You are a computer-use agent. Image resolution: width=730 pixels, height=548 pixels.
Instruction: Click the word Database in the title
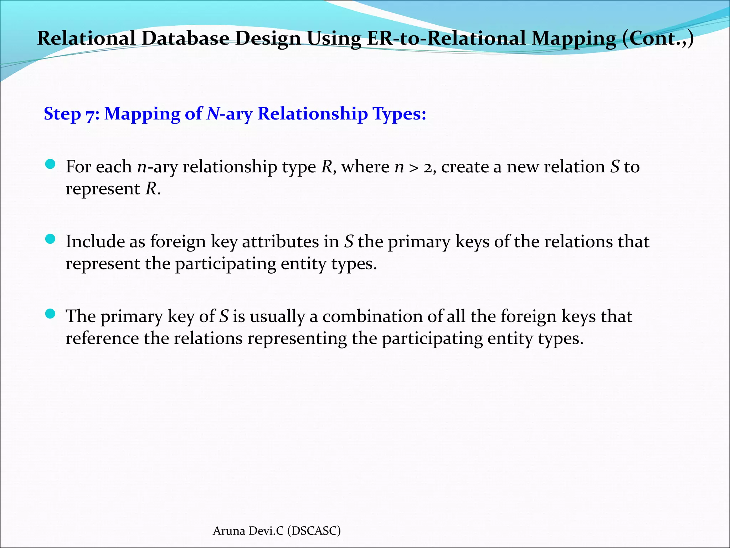coord(185,39)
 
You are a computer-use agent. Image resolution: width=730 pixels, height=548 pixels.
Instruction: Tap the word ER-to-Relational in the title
coord(446,39)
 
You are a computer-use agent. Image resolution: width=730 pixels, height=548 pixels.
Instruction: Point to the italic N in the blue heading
coord(213,114)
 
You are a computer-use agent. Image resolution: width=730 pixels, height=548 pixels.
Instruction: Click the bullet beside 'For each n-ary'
coord(51,164)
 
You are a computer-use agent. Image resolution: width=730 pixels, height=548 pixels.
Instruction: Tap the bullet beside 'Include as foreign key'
coord(51,239)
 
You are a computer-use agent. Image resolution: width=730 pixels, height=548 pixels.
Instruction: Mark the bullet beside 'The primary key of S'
coord(51,314)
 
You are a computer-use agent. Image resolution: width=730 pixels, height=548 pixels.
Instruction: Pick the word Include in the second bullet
coord(95,242)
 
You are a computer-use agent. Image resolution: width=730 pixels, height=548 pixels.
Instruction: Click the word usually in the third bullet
coord(277,317)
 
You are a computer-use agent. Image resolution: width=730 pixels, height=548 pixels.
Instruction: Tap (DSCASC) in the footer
coord(314,531)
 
